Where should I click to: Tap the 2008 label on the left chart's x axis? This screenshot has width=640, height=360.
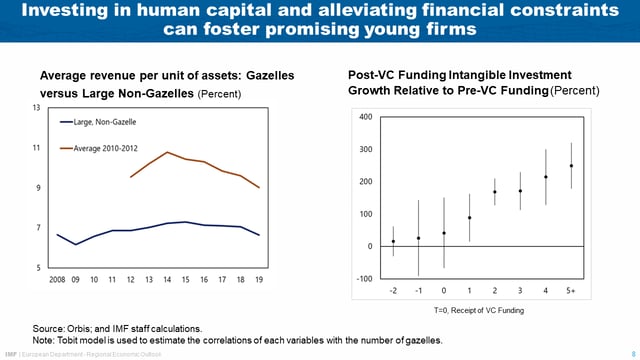pos(58,279)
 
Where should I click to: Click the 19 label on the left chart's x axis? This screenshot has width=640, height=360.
pos(259,279)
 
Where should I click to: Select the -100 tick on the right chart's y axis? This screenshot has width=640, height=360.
pos(363,278)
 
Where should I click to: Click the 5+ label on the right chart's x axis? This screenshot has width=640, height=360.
pos(571,291)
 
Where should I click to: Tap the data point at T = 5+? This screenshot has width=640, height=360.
pos(571,166)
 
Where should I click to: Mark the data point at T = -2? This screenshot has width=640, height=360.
pos(393,241)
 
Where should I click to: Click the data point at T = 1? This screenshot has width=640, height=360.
pos(469,218)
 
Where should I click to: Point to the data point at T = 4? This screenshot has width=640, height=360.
pos(546,177)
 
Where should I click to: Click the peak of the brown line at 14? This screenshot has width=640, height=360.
pos(167,152)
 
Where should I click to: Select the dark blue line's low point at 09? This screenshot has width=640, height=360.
pos(76,244)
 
